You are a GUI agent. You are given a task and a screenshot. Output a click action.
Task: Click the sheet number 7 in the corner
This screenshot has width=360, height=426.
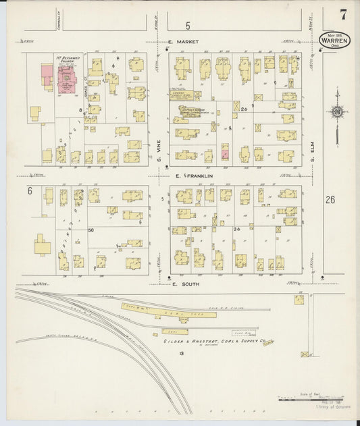click(x=344, y=14)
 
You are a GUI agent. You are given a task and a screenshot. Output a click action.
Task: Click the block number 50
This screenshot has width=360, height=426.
click(x=91, y=231)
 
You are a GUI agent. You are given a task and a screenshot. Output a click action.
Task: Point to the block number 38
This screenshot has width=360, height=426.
click(x=237, y=230)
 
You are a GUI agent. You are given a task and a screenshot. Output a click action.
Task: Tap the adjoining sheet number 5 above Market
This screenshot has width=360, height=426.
click(x=187, y=26)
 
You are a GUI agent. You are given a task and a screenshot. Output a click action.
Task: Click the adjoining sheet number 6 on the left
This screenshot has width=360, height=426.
click(x=30, y=191)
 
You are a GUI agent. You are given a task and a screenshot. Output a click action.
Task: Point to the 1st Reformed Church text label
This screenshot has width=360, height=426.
click(x=68, y=60)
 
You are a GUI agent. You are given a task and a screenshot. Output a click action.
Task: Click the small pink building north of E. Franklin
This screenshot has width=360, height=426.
click(x=226, y=155)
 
